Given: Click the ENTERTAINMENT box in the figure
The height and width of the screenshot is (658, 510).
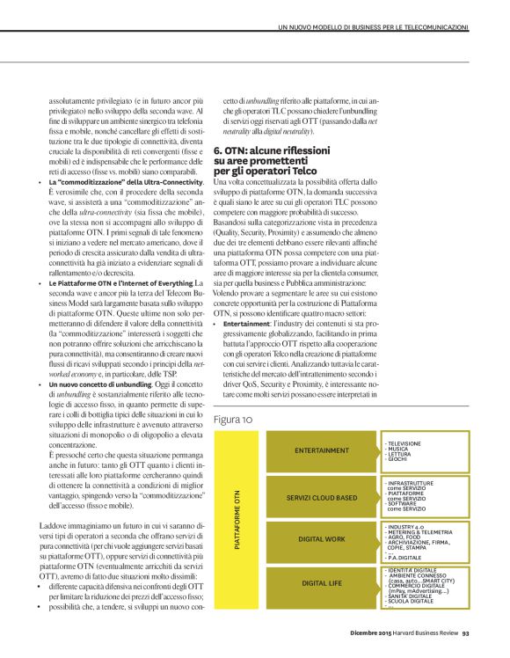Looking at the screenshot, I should tap(322, 450).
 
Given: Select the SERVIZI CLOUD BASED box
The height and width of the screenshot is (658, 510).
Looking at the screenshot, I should tap(322, 498).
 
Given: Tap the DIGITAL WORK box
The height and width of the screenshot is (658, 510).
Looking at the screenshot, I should tap(322, 539).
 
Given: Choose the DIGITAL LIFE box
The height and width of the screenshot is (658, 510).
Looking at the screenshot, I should tap(322, 582).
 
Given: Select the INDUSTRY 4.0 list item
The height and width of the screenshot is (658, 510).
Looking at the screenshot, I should tap(404, 525).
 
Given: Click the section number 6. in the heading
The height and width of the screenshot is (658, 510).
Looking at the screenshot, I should tap(219, 151).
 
